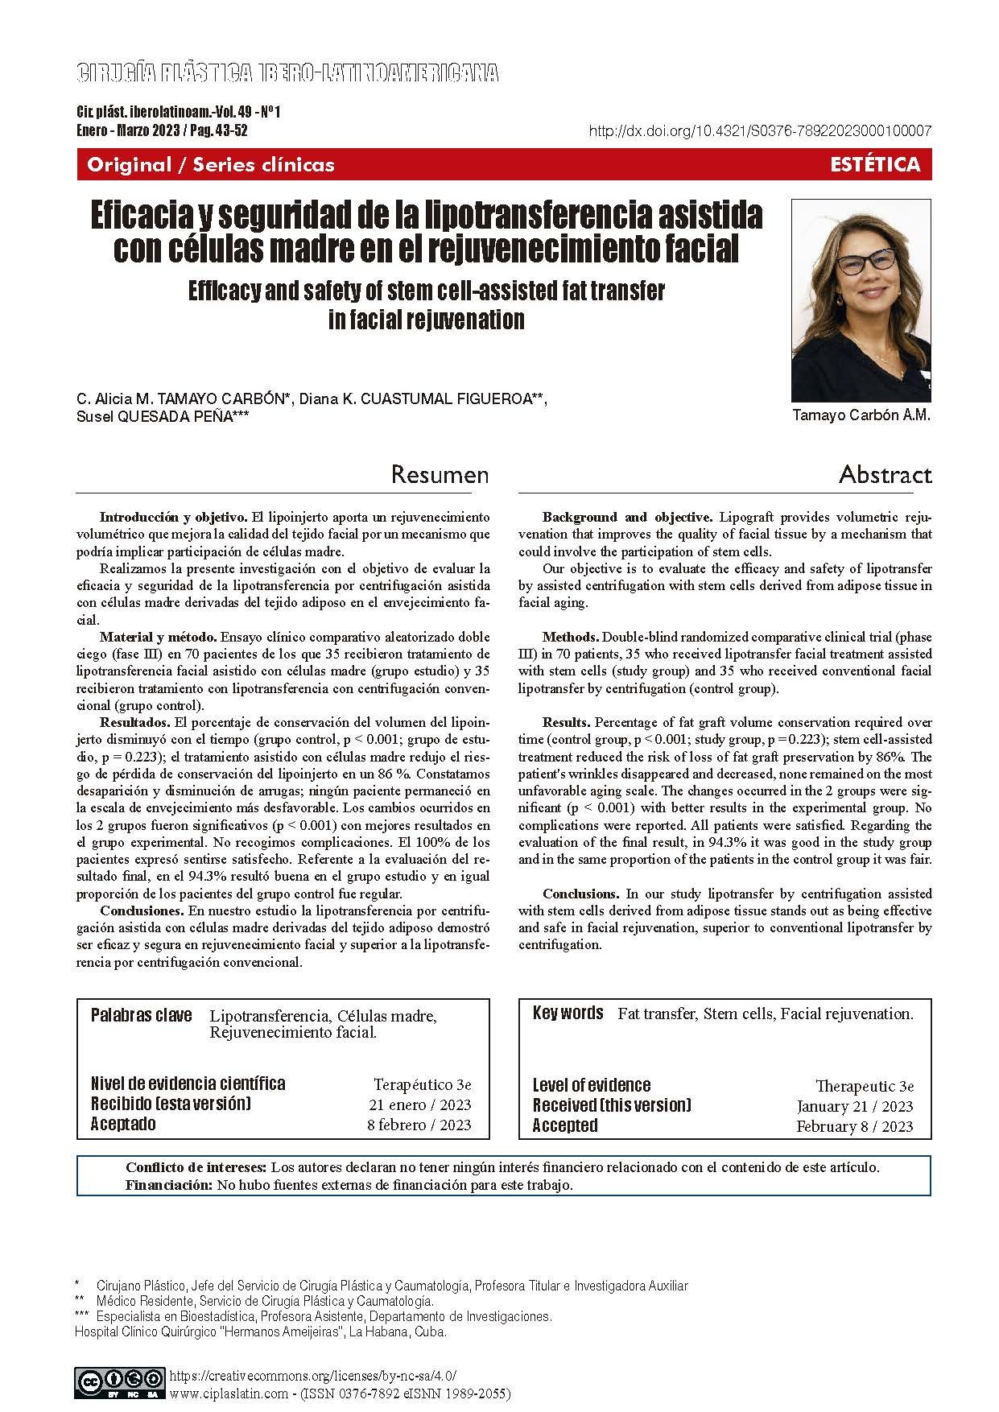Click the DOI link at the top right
tap(761, 131)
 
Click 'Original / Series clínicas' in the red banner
tap(211, 165)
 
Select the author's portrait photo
tap(861, 300)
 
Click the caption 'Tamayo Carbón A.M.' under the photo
tap(861, 416)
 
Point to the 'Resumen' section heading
tap(440, 475)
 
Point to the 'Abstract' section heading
tap(885, 475)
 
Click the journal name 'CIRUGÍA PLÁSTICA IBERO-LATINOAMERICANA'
tap(287, 74)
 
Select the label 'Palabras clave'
tap(142, 1015)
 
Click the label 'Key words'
tap(568, 1014)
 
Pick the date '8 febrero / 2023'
tap(419, 1125)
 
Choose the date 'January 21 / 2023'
tap(855, 1106)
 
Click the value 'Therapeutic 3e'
tap(865, 1086)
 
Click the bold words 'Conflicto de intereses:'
tap(196, 1167)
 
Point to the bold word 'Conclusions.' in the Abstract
tap(580, 894)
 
